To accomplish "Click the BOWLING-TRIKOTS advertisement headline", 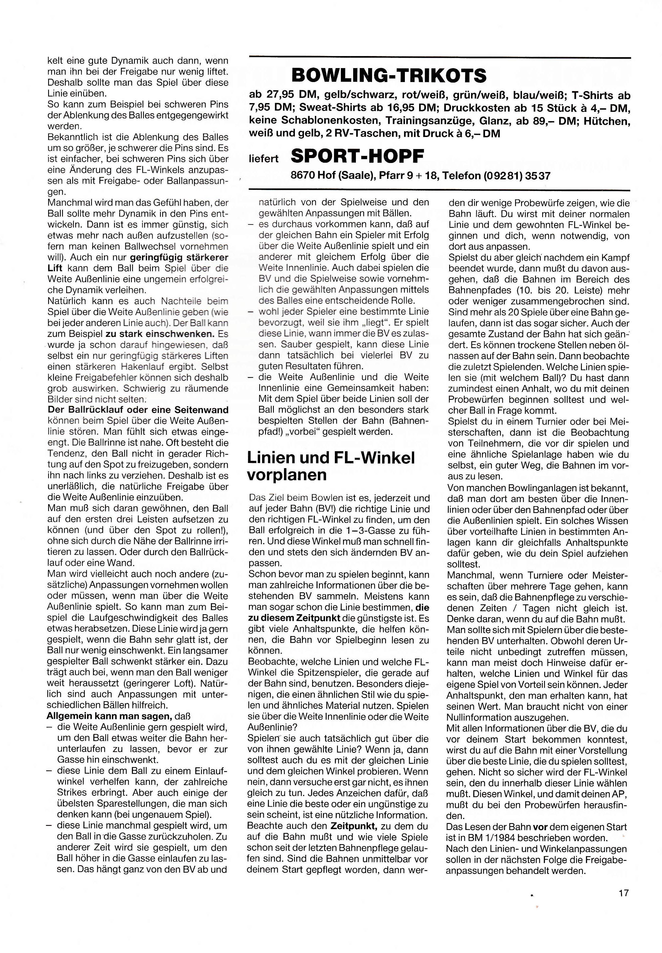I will tap(389, 75).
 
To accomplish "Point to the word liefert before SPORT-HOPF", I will tap(263, 159).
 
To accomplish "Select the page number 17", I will tap(623, 893).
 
